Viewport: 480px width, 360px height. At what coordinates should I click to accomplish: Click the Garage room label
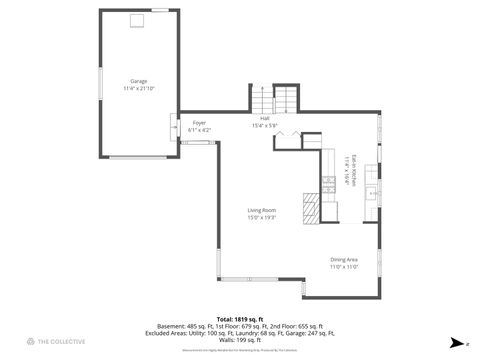138,81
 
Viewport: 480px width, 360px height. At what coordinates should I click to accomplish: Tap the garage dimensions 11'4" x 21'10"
138,88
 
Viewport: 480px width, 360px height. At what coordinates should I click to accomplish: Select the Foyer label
199,124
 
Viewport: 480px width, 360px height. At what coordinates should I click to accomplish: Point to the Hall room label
264,118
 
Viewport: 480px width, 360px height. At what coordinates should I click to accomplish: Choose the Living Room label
262,210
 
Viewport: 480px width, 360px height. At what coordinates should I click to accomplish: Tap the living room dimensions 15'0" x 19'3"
262,217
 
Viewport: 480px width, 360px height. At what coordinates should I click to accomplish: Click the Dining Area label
345,260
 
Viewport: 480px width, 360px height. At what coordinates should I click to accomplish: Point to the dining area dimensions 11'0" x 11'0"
345,267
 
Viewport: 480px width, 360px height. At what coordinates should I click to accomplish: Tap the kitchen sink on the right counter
371,191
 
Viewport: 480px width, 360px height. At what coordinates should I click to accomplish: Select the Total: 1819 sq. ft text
239,318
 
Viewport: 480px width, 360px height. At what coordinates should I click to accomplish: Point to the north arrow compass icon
456,342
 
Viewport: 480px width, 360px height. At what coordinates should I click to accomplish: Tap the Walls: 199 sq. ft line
239,339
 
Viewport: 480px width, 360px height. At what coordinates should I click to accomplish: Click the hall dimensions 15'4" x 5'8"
264,125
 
